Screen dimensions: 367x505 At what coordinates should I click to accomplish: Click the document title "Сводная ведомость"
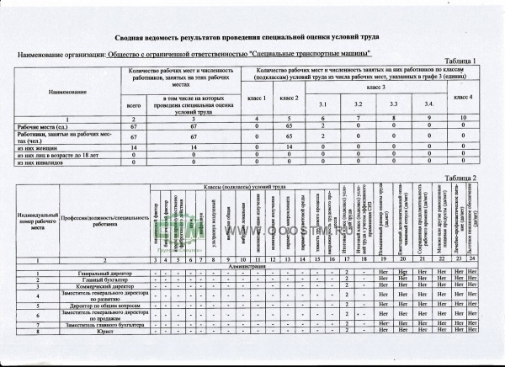(x=252, y=39)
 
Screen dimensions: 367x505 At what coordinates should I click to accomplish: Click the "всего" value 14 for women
(x=133, y=146)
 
